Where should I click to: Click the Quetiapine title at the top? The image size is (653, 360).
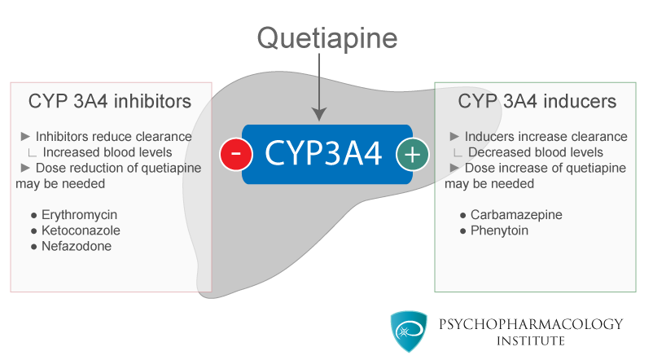pos(327,39)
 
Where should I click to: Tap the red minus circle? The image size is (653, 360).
pos(236,154)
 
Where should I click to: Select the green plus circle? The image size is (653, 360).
pos(412,154)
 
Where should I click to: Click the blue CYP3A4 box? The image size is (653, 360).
pos(327,154)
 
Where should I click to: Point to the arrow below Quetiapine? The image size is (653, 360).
pos(319,87)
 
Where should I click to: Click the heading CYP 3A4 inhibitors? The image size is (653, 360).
pos(110,101)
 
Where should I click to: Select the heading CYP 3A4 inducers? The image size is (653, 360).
pos(537,101)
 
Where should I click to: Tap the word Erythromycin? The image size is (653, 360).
pos(79,215)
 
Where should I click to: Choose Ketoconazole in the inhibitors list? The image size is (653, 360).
pos(81,230)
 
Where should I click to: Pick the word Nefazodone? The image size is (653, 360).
pos(77,246)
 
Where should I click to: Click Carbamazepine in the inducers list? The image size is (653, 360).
pos(516,215)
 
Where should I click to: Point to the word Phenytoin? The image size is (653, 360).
pos(499,230)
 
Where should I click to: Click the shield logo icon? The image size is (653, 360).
pos(409,331)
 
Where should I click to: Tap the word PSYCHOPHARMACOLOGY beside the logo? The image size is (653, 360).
pos(531,324)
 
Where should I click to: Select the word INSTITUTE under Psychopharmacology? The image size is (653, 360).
pos(531,340)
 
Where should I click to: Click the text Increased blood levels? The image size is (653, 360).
pos(107,152)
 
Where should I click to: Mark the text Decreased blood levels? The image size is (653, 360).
pos(536,152)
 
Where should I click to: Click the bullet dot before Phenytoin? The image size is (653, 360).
pos(462,231)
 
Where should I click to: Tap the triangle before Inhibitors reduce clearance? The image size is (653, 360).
pos(25,136)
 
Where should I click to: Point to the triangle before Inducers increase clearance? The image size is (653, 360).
pos(454,136)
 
